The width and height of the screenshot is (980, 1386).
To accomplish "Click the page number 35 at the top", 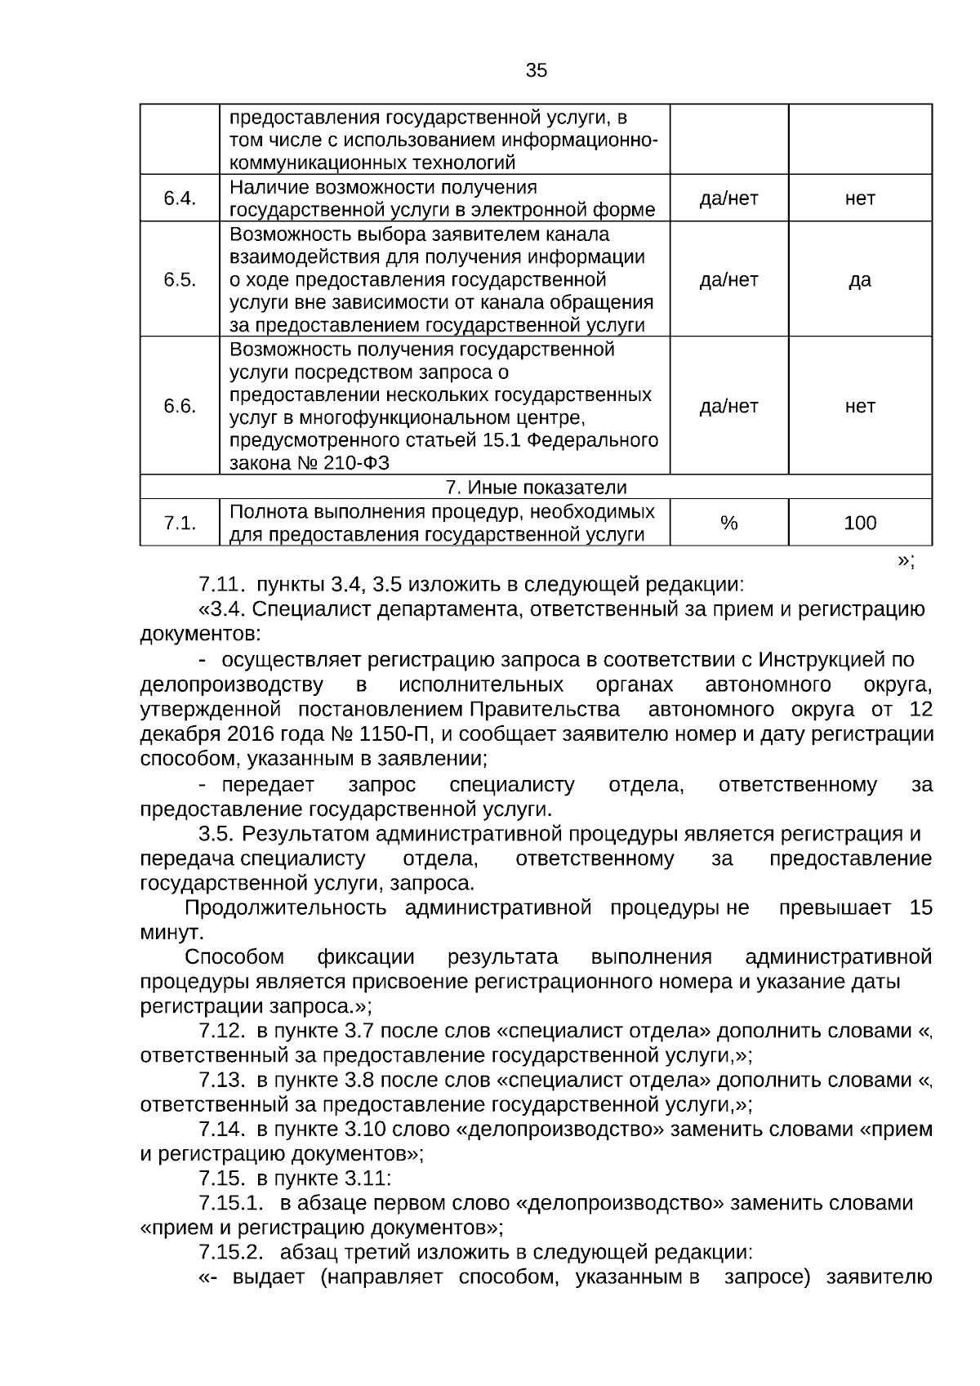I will point(536,70).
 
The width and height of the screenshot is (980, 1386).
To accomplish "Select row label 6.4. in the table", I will point(180,198).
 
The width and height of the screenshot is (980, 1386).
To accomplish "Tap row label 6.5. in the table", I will point(180,280).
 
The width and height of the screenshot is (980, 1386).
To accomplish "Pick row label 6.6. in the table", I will point(180,406).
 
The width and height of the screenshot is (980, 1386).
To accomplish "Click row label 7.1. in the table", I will point(180,524).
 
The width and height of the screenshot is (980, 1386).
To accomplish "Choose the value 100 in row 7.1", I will point(859,524).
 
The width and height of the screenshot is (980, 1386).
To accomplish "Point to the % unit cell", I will point(728,524).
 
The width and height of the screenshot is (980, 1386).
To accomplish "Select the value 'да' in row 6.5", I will point(859,280).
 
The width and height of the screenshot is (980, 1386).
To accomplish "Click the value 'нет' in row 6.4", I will point(859,198).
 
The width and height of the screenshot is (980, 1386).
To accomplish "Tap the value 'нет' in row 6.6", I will point(859,406).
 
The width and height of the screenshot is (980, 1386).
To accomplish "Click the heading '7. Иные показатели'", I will point(536,488).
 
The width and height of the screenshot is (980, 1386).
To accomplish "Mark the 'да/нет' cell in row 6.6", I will point(728,406).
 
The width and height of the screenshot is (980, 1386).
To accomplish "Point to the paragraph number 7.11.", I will point(222,585).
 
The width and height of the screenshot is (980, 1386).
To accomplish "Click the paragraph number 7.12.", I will point(222,1032).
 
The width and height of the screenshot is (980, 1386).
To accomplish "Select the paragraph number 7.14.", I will point(222,1130).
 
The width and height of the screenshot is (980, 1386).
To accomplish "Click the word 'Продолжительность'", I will point(285,908).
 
